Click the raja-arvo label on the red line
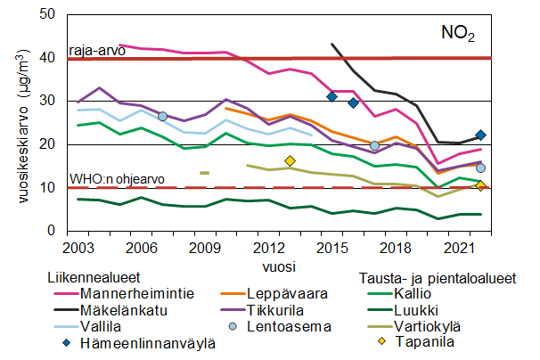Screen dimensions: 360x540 [97, 50]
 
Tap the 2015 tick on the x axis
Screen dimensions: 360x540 [331, 246]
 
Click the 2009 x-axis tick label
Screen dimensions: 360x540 [204, 246]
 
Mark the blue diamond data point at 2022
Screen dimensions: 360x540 [480, 135]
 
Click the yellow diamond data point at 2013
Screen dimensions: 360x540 [290, 161]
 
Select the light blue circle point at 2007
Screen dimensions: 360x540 [162, 117]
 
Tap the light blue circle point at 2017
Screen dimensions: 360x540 [374, 145]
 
